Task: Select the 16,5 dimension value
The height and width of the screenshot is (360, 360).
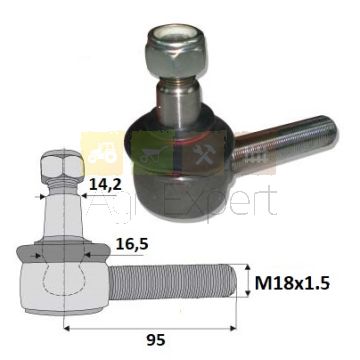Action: click(132, 244)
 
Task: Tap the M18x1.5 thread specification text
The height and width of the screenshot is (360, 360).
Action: click(292, 284)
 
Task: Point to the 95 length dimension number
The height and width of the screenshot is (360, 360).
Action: click(155, 340)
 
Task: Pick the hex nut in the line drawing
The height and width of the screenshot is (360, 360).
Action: click(62, 165)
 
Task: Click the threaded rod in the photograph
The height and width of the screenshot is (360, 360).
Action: click(286, 140)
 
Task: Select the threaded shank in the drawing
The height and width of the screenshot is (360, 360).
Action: click(173, 281)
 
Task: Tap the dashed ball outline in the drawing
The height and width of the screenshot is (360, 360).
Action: click(63, 279)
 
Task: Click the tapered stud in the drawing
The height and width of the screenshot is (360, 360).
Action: click(63, 213)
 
